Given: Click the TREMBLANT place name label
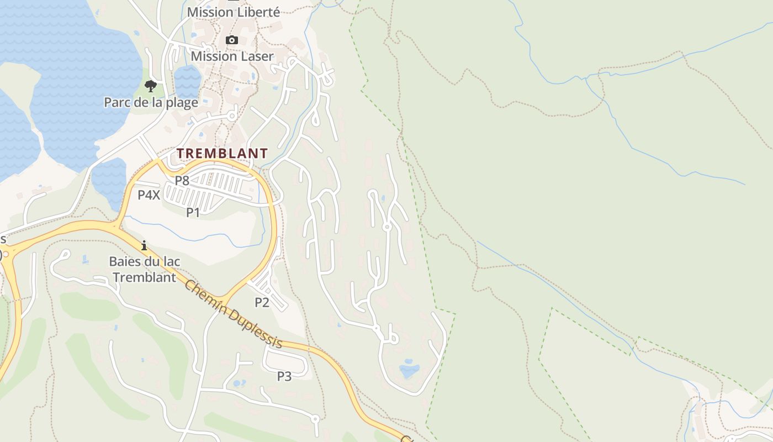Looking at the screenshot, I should (222, 153).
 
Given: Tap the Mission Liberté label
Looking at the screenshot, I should (233, 12).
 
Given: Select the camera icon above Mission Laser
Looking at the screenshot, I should (232, 40).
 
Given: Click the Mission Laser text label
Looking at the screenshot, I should (232, 56).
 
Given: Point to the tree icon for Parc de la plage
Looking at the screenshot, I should (150, 86).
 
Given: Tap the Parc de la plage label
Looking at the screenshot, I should (151, 102).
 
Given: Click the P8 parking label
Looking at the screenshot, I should (182, 180).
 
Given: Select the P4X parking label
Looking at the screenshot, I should (149, 194).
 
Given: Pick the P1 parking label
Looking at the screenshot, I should (193, 212).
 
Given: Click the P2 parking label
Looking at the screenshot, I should (262, 302).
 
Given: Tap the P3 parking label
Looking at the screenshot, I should (284, 376).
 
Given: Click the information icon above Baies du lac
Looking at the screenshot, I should (144, 245).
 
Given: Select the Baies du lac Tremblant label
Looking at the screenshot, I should (145, 269).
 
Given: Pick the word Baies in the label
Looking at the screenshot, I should (123, 261).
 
